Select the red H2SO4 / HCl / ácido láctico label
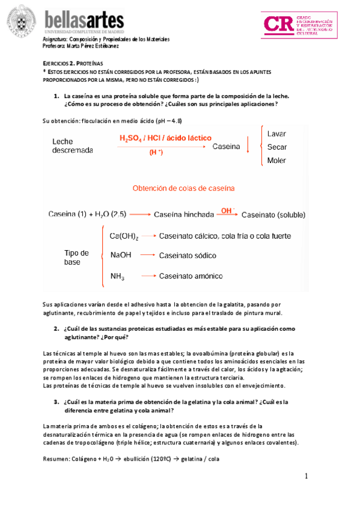[x=165, y=138]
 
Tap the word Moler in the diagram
[x=276, y=161]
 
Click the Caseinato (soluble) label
[x=273, y=214]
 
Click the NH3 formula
[x=118, y=276]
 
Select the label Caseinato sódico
[x=188, y=256]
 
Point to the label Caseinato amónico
[x=191, y=276]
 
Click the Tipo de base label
[x=76, y=257]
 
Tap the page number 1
[x=306, y=476]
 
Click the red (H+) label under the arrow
[x=156, y=153]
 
